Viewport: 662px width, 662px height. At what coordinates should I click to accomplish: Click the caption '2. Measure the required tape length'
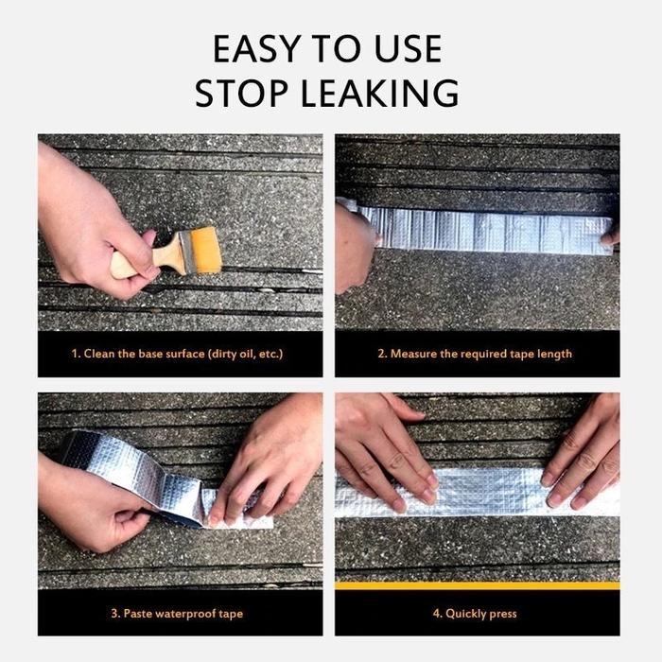[475, 354]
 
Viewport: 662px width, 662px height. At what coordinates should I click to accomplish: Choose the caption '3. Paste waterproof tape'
[177, 613]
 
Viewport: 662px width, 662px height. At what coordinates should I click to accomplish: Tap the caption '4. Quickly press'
[475, 613]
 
